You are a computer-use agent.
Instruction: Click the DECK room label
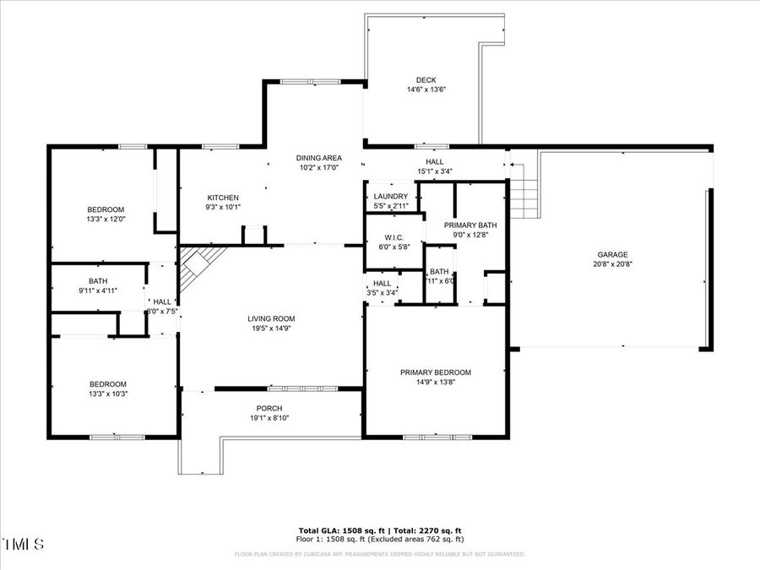(426, 80)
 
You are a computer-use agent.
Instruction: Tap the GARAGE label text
(612, 254)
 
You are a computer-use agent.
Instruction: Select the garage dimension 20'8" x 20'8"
(612, 264)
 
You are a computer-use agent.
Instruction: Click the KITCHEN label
(223, 198)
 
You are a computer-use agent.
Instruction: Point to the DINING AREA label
(318, 158)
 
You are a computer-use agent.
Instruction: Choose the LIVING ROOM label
(271, 318)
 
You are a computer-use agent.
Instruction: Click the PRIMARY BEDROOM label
(435, 372)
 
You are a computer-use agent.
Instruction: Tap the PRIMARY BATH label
(470, 225)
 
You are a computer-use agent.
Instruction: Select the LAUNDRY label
(391, 197)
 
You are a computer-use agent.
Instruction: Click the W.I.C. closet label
(394, 237)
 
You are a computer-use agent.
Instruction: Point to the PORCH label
(269, 408)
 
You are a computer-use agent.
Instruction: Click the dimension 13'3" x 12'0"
(106, 219)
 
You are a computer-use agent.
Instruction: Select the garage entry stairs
(524, 192)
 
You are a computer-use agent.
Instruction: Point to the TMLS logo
(24, 544)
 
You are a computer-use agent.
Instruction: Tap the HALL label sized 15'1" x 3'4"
(434, 161)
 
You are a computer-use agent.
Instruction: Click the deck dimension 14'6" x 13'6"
(426, 90)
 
